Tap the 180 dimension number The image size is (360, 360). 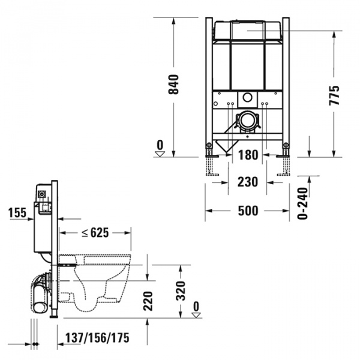point(248,155)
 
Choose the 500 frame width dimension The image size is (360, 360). point(248,211)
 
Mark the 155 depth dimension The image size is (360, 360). point(18,212)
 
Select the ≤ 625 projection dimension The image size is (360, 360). point(95,232)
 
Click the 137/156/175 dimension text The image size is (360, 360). point(98,338)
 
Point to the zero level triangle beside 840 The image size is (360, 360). point(160,154)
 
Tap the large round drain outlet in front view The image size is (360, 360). point(247,121)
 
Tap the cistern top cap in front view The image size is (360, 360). point(247,28)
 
